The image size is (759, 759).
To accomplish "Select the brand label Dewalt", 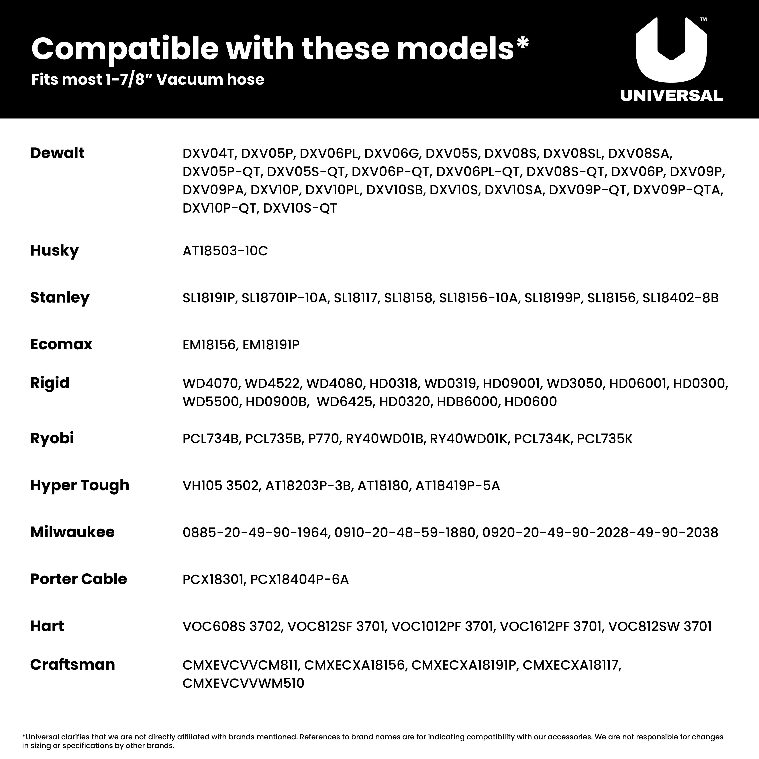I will pyautogui.click(x=57, y=153).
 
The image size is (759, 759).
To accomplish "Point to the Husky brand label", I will pyautogui.click(x=54, y=250).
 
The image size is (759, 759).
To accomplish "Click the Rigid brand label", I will pyautogui.click(x=50, y=383).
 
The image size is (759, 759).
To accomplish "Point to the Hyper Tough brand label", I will pyautogui.click(x=80, y=485).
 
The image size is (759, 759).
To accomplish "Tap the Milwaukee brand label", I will pyautogui.click(x=72, y=532).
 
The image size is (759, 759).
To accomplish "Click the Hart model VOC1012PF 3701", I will pyautogui.click(x=442, y=626).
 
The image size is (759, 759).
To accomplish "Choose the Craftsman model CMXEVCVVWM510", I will pyautogui.click(x=243, y=683).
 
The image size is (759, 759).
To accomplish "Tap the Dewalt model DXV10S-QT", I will pyautogui.click(x=300, y=208).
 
